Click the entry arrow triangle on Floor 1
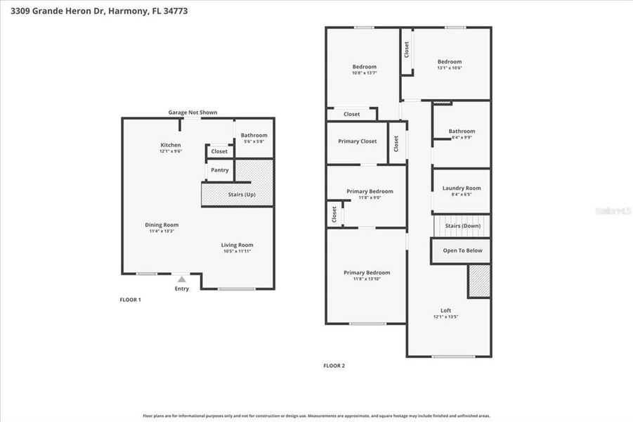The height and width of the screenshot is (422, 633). coord(182,279)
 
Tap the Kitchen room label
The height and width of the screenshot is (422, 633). coord(171,145)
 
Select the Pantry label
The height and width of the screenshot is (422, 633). coord(219,170)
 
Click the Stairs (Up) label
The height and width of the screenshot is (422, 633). coord(242,194)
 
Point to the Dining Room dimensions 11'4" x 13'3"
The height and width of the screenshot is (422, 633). coord(162,231)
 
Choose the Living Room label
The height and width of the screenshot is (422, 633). coord(237,245)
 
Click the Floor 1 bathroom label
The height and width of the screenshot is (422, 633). coord(254,135)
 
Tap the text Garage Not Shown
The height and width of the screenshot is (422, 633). coord(192,113)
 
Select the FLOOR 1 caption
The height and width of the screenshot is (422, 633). coord(130,300)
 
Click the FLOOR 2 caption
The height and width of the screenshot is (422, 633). coord(334,366)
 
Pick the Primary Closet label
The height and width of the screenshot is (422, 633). coord(357,141)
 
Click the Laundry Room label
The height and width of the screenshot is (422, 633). coord(462,188)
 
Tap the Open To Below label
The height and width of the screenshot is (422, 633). coord(461,250)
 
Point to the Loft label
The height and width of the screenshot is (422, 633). coord(446,310)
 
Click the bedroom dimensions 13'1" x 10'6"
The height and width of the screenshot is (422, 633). coord(450,68)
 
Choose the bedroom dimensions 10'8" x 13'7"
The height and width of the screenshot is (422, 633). coord(365,73)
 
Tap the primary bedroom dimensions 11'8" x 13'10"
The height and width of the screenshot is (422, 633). coord(366,279)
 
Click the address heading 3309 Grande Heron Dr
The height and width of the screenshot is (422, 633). coord(57,11)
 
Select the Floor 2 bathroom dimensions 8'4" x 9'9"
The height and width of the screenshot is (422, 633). coord(462,137)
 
